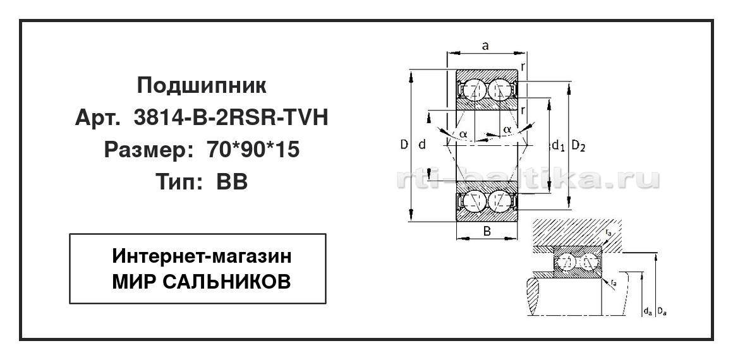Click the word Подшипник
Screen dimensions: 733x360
click(x=202, y=86)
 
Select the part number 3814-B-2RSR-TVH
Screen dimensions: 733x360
click(x=231, y=118)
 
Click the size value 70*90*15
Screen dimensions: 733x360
click(x=252, y=150)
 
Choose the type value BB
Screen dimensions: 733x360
click(x=232, y=183)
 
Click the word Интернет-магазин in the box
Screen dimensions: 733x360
click(x=202, y=256)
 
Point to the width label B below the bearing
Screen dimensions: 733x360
click(x=487, y=231)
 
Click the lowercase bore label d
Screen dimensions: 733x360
click(x=422, y=145)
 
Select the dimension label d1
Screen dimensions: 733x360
click(x=558, y=147)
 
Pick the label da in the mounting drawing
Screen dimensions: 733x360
click(x=647, y=311)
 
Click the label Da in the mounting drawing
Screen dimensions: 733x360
click(x=662, y=311)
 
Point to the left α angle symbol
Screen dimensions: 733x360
click(x=463, y=134)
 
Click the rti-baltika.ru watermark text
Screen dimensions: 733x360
click(x=528, y=179)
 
